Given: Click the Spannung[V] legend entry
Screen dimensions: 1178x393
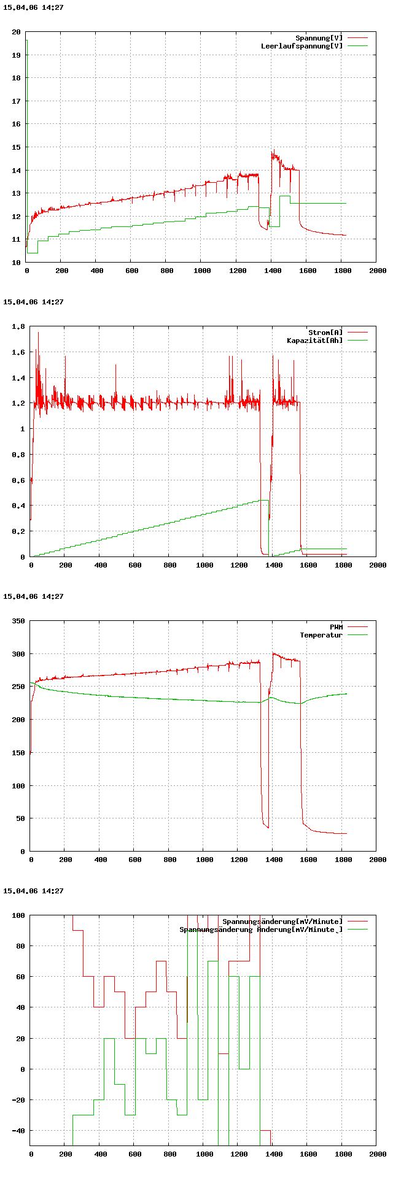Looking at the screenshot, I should (x=319, y=38).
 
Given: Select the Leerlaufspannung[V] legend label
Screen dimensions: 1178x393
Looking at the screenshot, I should (x=302, y=46).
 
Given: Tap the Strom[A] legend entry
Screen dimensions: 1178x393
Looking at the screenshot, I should (x=325, y=333).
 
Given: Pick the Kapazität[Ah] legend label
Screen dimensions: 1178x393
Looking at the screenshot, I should (x=315, y=341).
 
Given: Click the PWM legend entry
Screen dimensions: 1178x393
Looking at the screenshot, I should (x=336, y=627).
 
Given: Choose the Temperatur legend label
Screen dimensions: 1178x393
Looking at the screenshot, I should (x=321, y=635).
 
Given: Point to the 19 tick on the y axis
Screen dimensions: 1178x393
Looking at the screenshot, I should (x=16, y=55).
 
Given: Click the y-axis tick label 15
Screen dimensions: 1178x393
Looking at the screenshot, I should (x=16, y=147).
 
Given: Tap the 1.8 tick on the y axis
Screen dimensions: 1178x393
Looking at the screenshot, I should (x=18, y=327).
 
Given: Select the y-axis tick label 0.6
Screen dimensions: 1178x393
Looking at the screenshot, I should (x=18, y=480).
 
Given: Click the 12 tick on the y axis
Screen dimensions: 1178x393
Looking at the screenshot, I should (x=16, y=217).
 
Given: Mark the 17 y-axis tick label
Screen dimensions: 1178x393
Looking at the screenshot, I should (x=16, y=101).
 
